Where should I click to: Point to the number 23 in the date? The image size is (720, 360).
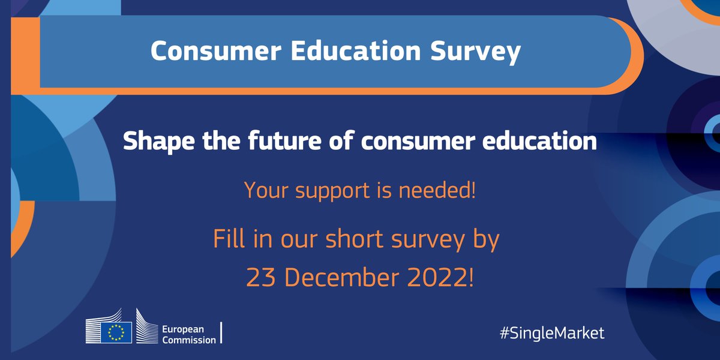point(261,277)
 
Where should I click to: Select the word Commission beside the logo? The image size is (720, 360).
point(190,340)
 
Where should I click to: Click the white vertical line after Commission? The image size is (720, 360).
point(223,333)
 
